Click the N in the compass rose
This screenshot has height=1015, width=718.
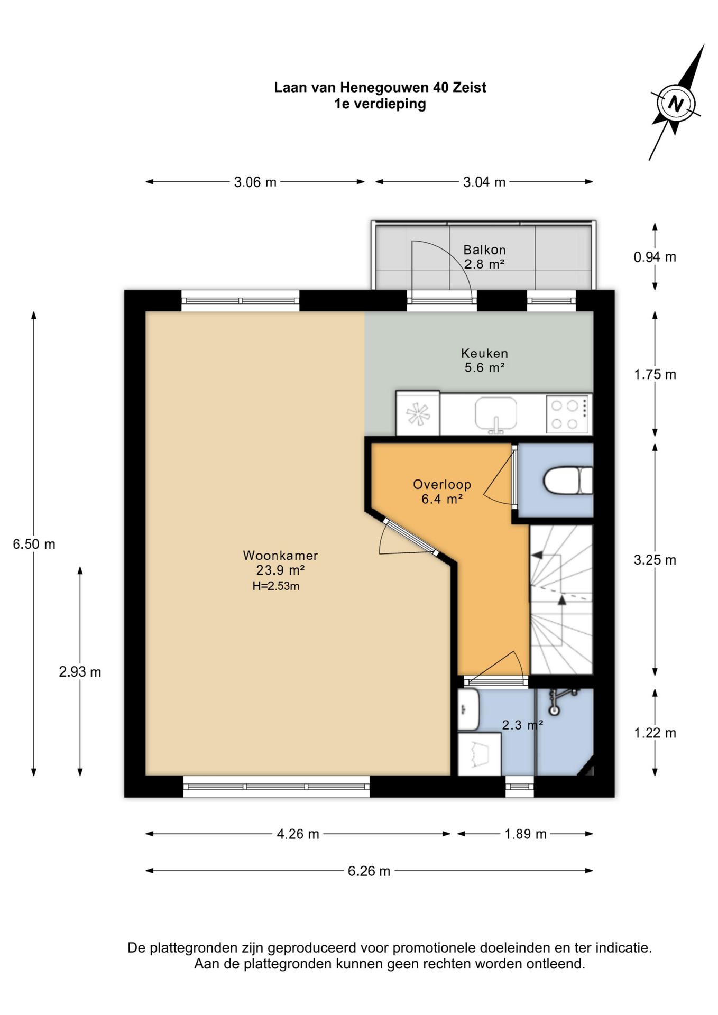coord(676,103)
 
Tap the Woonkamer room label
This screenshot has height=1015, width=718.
coord(280,556)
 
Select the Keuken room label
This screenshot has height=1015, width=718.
coord(484,353)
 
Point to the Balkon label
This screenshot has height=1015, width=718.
coord(484,250)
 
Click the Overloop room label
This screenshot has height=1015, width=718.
coord(442,484)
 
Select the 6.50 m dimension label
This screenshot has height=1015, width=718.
coord(34,544)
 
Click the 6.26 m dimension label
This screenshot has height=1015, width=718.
coord(369,871)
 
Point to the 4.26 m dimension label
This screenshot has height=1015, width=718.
coord(298,834)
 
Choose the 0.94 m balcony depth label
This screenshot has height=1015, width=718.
coord(655,257)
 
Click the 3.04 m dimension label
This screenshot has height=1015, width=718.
coord(484,182)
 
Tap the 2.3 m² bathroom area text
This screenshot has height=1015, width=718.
coord(522,725)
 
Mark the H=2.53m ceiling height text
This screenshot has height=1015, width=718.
coord(276,586)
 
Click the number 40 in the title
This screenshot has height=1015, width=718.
coord(440,87)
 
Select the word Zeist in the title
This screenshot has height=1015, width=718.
coord(470,87)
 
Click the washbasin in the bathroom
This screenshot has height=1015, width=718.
coord(468,708)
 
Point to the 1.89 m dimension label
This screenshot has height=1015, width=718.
coord(526,834)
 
